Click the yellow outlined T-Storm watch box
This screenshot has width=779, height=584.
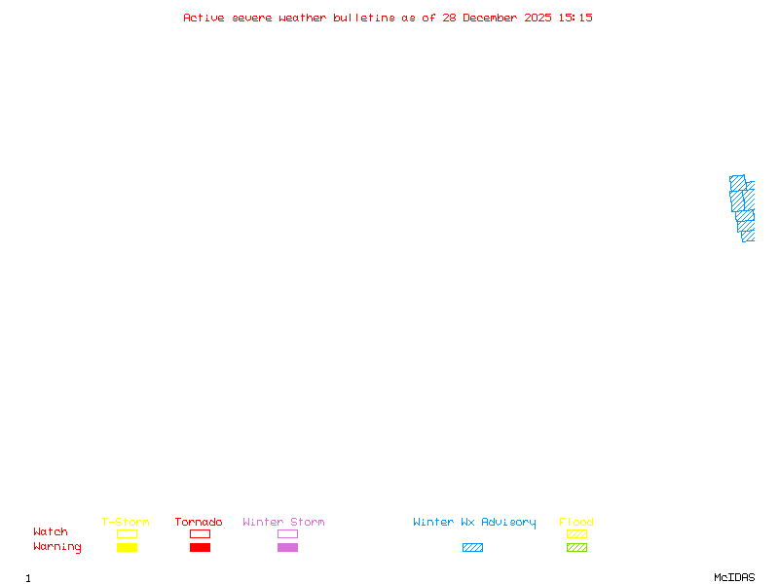point(127,533)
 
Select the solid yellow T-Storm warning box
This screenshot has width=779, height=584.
point(127,548)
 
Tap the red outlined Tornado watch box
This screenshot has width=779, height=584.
point(200,533)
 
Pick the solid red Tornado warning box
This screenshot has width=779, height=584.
point(200,548)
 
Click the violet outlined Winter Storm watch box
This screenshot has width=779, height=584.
point(287,533)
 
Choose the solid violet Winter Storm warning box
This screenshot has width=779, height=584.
point(287,548)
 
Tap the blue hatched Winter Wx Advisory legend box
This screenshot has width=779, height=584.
point(472,548)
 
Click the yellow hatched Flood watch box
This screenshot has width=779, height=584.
point(576,533)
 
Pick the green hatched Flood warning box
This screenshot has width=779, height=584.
point(576,548)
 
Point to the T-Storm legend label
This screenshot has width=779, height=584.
point(126,523)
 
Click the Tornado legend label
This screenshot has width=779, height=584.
point(199,523)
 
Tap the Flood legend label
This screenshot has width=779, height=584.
point(576,523)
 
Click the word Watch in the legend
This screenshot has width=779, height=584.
point(51,532)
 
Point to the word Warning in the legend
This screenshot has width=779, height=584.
point(57,547)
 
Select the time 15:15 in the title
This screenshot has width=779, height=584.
point(575,18)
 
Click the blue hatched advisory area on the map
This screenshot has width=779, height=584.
point(742,206)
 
